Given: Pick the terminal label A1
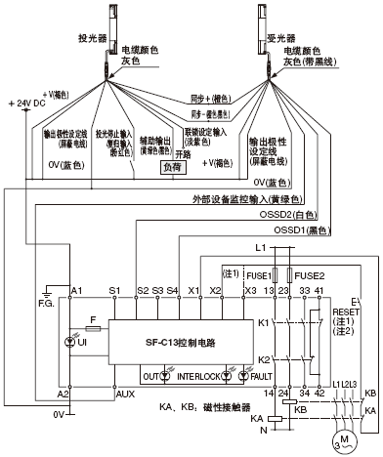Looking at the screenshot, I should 77,291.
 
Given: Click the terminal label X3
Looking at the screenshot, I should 250,291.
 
